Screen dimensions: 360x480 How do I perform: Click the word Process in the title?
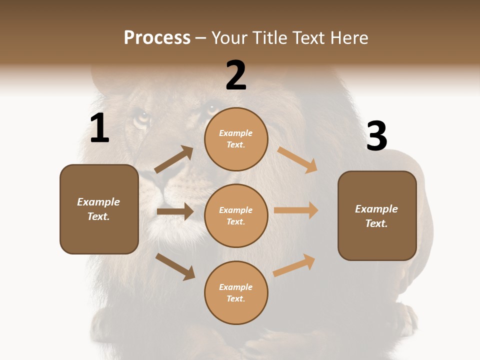(157, 38)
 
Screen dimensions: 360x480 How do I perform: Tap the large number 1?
(99, 128)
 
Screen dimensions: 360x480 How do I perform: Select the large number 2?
(236, 75)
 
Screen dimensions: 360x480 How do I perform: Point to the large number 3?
(376, 136)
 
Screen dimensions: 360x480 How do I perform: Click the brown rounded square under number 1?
(99, 209)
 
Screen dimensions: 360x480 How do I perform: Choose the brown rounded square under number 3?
(377, 215)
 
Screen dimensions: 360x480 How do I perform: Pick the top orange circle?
(236, 139)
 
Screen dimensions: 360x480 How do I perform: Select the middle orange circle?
(236, 215)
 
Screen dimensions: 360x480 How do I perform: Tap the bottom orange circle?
(236, 292)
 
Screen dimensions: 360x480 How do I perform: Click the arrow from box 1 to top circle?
(174, 160)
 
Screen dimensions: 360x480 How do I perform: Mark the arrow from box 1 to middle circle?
(175, 211)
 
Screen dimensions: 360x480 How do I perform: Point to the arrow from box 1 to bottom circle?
(175, 266)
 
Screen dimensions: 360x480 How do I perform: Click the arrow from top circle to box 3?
(297, 160)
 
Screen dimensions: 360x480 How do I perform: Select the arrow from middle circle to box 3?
(296, 210)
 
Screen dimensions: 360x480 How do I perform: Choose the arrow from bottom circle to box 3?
(294, 265)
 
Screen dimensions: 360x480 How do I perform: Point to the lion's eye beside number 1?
(142, 119)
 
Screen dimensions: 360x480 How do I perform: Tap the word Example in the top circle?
(236, 133)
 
